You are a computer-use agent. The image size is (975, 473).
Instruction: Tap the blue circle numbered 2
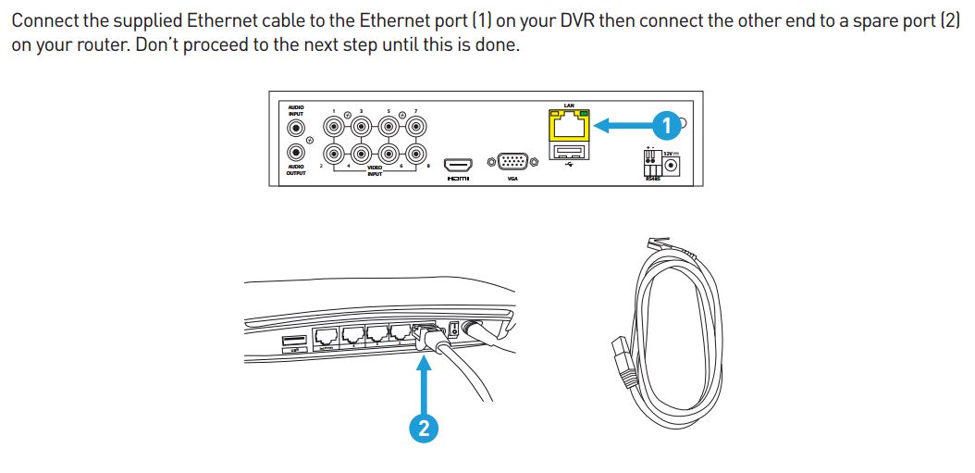(x=424, y=427)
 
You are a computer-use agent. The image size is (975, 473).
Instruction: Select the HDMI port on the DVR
(x=458, y=160)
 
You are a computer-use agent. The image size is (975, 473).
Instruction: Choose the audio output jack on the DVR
(x=297, y=152)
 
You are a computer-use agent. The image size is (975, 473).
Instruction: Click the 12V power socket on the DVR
(x=673, y=165)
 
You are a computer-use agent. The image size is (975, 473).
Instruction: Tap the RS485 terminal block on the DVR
(x=653, y=165)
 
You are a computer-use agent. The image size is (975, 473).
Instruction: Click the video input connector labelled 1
(x=333, y=128)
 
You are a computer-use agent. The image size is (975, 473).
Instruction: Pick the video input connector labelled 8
(x=416, y=153)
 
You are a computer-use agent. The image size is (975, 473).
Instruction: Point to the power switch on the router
(x=453, y=329)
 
